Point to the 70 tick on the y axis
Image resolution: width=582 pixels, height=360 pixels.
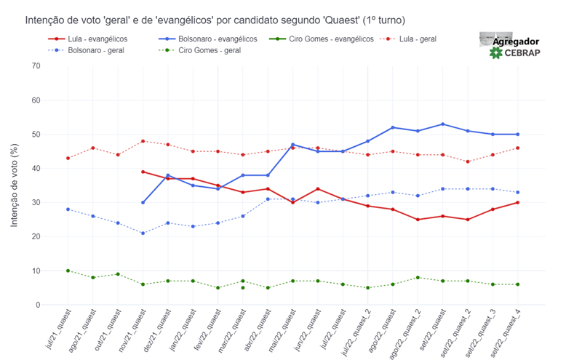point(36,66)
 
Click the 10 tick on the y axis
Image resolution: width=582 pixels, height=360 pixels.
point(36,271)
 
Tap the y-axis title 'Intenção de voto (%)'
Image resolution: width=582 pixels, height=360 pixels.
point(15,185)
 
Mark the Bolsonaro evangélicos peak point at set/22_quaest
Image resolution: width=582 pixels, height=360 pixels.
point(443,124)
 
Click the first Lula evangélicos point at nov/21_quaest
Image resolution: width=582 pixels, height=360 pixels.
point(143,172)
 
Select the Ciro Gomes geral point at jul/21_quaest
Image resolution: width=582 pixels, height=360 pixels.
point(68,271)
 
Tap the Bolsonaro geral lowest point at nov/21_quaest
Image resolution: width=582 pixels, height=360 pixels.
point(143,233)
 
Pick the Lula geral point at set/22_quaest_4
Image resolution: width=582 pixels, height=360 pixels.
point(518,148)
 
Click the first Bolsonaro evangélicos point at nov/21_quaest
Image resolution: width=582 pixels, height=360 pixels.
point(143,202)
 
